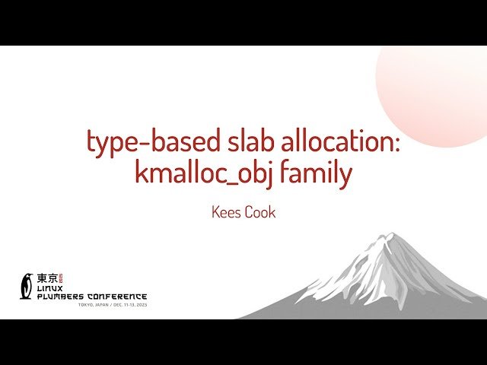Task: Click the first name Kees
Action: pyautogui.click(x=226, y=212)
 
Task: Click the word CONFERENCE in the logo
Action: pyautogui.click(x=119, y=296)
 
